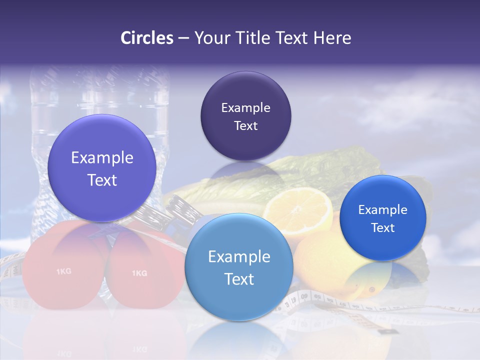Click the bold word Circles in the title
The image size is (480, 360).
(x=147, y=38)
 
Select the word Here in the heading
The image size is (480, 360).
(x=332, y=38)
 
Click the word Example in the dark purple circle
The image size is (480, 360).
(x=245, y=108)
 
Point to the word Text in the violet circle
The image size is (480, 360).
(x=102, y=180)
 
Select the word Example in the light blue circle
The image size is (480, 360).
(x=239, y=257)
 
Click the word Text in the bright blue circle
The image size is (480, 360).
(x=382, y=228)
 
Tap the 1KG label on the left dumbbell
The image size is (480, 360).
(x=63, y=271)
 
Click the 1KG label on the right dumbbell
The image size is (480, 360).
(x=139, y=273)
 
